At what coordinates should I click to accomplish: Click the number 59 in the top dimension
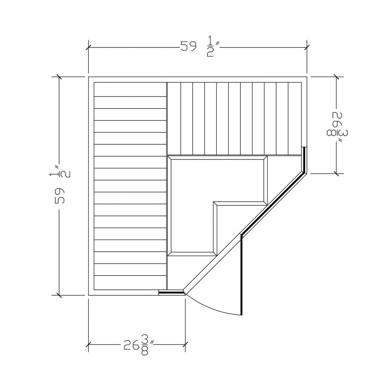pyautogui.click(x=188, y=46)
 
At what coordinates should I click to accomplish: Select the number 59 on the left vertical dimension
pyautogui.click(x=60, y=196)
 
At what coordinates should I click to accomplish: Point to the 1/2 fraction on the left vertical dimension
pyautogui.click(x=60, y=171)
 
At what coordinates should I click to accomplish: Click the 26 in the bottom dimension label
pyautogui.click(x=131, y=345)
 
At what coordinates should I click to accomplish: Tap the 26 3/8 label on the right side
pyautogui.click(x=337, y=127)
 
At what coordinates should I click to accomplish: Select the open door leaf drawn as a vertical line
pyautogui.click(x=242, y=275)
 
